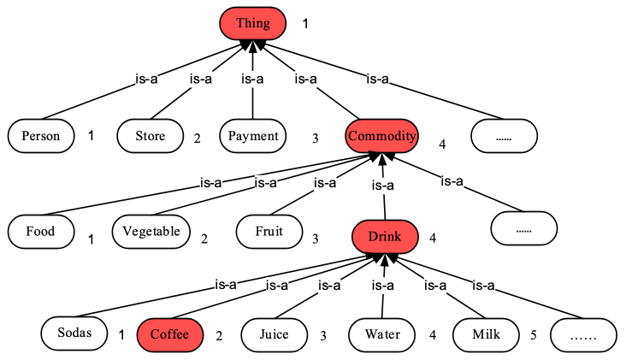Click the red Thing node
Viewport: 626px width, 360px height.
[x=252, y=23]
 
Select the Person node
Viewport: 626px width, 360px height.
[x=41, y=136]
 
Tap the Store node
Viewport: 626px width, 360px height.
[x=151, y=136]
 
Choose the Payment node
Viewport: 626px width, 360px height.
[x=253, y=136]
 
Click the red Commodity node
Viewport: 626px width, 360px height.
[x=381, y=136]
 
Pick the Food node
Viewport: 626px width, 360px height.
[x=40, y=231]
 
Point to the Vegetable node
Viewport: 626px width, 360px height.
[x=151, y=231]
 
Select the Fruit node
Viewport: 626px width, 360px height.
[x=270, y=231]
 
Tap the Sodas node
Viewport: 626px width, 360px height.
[x=75, y=333]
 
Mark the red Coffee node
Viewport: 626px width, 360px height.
[x=170, y=334]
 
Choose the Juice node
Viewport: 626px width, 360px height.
[x=274, y=334]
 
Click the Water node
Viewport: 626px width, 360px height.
[x=382, y=334]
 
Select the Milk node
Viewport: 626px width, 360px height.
[x=486, y=334]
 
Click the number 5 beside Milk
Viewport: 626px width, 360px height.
[x=533, y=335]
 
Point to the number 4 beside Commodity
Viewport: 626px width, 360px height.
[x=442, y=144]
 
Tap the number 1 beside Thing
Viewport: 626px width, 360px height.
[x=305, y=24]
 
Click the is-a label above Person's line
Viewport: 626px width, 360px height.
[x=147, y=80]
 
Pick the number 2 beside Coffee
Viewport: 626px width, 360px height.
[x=219, y=336]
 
